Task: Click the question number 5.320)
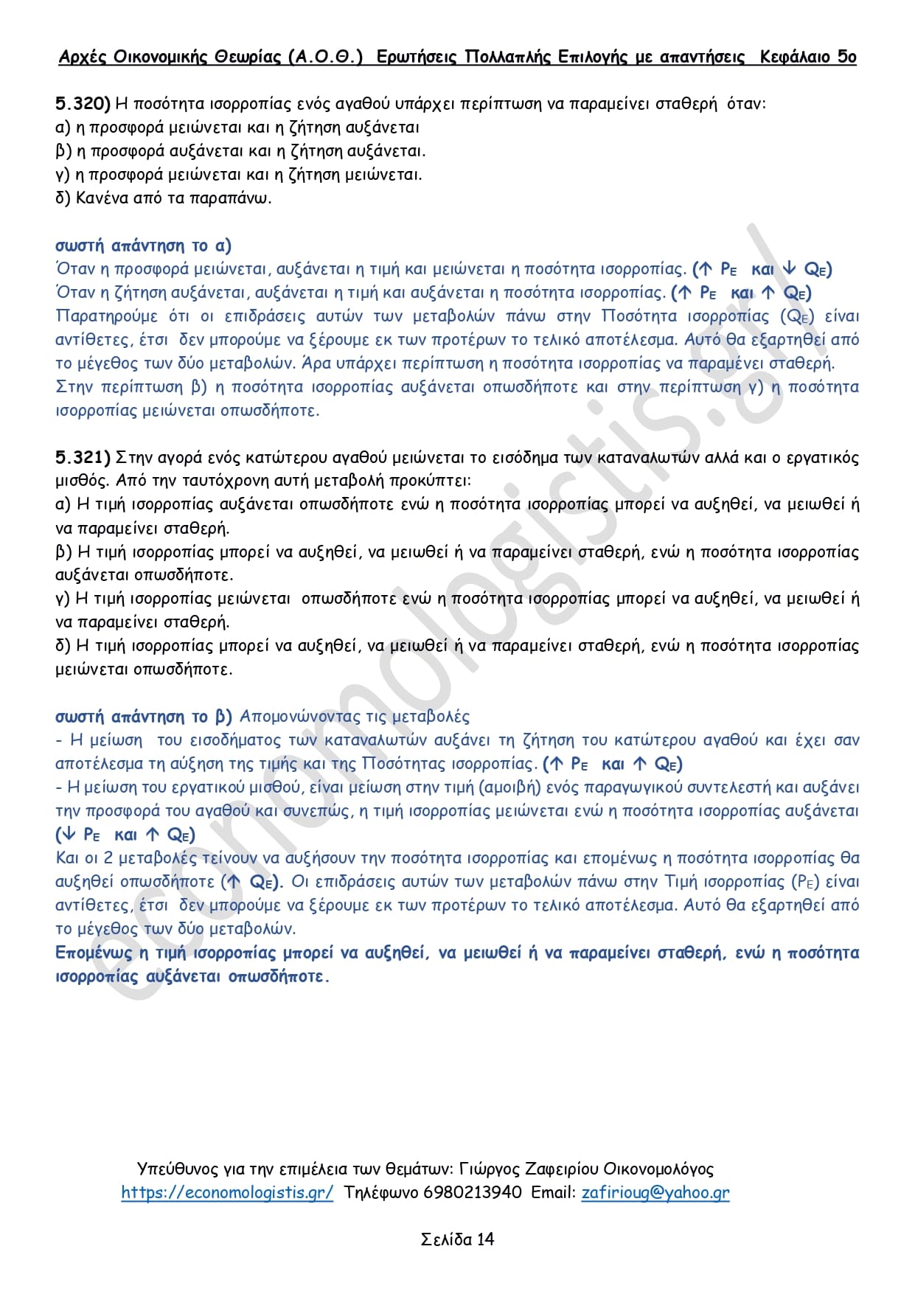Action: coord(83,103)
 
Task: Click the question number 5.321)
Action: coord(83,458)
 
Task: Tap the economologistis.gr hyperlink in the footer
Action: coord(227,1192)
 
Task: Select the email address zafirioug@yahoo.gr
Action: coord(655,1192)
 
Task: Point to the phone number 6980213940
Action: coord(472,1192)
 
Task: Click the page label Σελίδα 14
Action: coord(457,1239)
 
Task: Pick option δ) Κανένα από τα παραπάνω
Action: coord(164,198)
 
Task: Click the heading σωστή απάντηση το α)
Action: coord(143,246)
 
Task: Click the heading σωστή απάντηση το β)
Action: coord(143,717)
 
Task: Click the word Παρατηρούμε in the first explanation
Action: coord(107,316)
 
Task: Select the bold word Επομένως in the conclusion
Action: coord(93,953)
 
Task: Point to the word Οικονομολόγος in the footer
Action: coord(658,1169)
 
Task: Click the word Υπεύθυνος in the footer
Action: coord(178,1169)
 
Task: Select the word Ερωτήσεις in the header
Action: coord(416,57)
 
